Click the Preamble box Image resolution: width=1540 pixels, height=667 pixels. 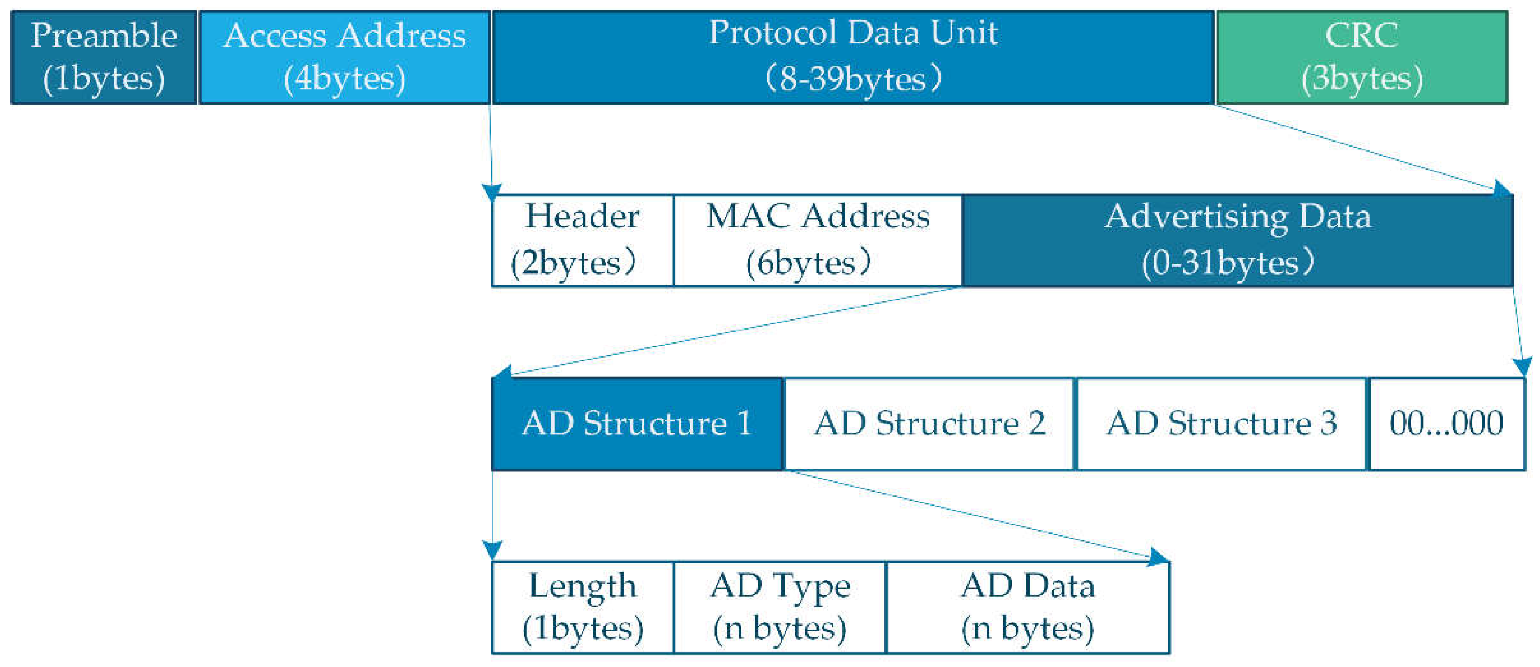(104, 57)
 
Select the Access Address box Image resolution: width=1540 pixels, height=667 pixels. (344, 57)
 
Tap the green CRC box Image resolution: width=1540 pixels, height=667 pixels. (1362, 57)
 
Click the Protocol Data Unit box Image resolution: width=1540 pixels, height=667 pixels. (853, 57)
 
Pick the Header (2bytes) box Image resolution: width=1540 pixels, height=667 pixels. (582, 240)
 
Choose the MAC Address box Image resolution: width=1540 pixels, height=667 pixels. (817, 240)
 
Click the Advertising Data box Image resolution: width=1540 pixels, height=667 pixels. (1238, 240)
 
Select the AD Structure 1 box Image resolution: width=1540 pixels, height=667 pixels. (637, 424)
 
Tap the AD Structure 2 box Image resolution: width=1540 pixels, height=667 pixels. (928, 424)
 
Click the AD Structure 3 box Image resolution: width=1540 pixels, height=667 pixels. (1221, 424)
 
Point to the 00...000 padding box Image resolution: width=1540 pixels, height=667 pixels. (1446, 424)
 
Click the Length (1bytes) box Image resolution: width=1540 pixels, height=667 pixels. (582, 607)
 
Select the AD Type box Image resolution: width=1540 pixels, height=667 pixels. (779, 607)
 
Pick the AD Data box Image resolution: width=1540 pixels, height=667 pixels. (1027, 607)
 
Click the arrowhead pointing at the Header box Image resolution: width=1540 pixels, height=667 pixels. (492, 193)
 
